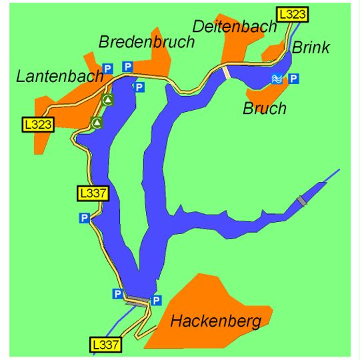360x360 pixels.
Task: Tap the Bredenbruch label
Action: (147, 42)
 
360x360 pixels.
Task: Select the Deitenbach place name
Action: (235, 26)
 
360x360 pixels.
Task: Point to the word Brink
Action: (311, 47)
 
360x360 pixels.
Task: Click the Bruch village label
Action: (265, 108)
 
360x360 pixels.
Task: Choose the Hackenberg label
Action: (215, 321)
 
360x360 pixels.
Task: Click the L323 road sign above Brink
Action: (293, 13)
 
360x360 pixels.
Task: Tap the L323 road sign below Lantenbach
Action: (37, 123)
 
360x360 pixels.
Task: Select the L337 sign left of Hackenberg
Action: (105, 345)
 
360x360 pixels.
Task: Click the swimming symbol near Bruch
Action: (277, 79)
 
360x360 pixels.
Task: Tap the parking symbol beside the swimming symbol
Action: (293, 79)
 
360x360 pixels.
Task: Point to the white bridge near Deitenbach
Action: (227, 71)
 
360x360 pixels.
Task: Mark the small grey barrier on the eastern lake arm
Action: (302, 201)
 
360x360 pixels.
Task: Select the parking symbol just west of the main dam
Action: (118, 293)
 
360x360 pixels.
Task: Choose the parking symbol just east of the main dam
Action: (157, 300)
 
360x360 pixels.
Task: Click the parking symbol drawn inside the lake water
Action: (139, 87)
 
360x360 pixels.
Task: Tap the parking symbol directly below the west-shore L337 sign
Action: (84, 217)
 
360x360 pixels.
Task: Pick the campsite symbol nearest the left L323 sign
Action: (97, 123)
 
